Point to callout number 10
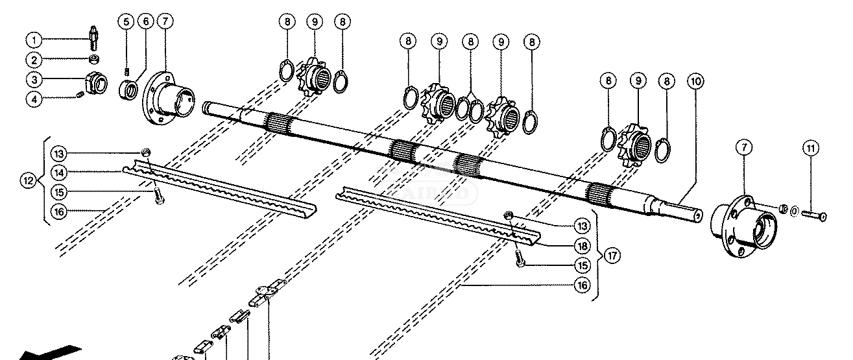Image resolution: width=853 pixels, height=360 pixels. tap(696, 82)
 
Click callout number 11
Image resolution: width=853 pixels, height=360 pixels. tap(810, 149)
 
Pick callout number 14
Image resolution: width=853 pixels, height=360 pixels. tap(58, 172)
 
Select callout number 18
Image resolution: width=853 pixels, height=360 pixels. tap(581, 246)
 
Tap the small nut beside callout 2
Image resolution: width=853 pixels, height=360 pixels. tap(93, 60)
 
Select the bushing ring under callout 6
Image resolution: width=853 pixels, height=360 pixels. tap(128, 90)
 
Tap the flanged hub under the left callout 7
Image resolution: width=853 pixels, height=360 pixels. tap(169, 98)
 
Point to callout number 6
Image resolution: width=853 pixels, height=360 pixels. tap(146, 21)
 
